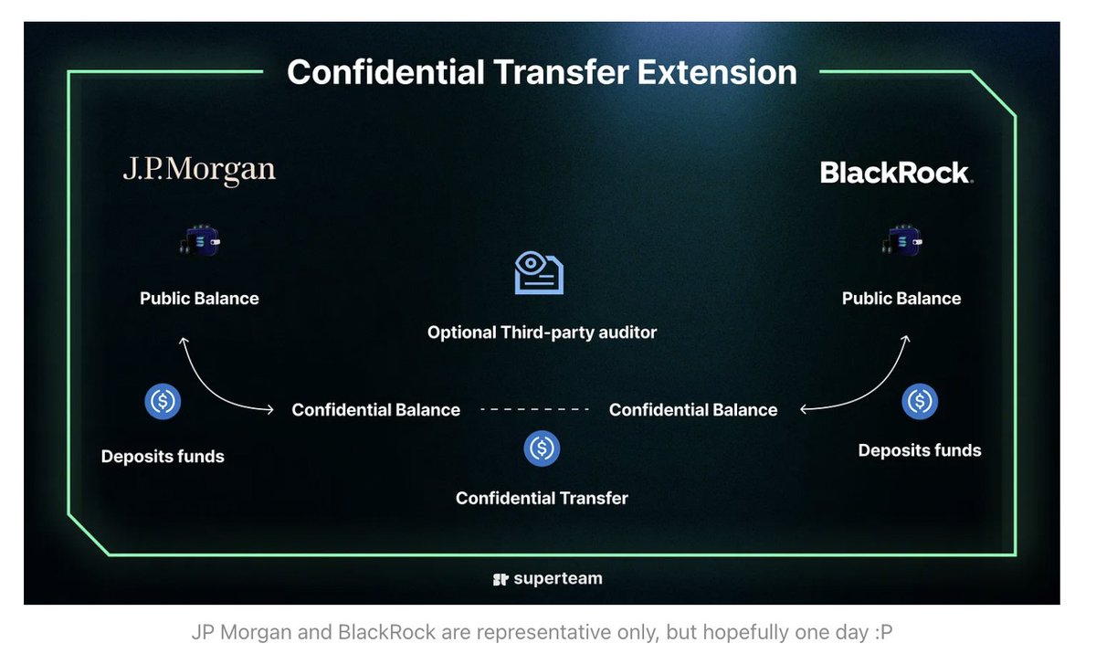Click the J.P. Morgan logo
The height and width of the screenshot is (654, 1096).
click(x=199, y=170)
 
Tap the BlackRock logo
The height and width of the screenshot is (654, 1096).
click(x=896, y=173)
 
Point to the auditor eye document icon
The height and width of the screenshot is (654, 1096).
click(x=539, y=273)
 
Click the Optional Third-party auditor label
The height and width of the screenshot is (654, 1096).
click(x=542, y=332)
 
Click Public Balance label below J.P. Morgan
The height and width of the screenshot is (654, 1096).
click(x=199, y=299)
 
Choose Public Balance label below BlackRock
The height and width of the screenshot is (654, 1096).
click(x=901, y=299)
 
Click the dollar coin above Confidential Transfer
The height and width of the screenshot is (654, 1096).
click(x=542, y=448)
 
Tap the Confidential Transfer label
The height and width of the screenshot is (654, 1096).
click(x=542, y=498)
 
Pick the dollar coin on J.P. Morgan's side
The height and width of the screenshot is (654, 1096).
click(x=163, y=402)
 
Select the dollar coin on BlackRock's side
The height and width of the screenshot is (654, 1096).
click(x=920, y=401)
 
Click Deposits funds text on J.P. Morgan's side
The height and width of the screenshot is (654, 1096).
click(x=163, y=457)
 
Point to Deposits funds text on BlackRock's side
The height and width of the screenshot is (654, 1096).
click(x=920, y=450)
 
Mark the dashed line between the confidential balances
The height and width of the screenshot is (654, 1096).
click(x=535, y=410)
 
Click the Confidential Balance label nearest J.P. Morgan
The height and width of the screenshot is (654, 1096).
click(x=375, y=410)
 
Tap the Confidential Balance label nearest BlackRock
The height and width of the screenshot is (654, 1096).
click(x=693, y=410)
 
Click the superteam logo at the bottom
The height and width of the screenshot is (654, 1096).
click(x=547, y=578)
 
